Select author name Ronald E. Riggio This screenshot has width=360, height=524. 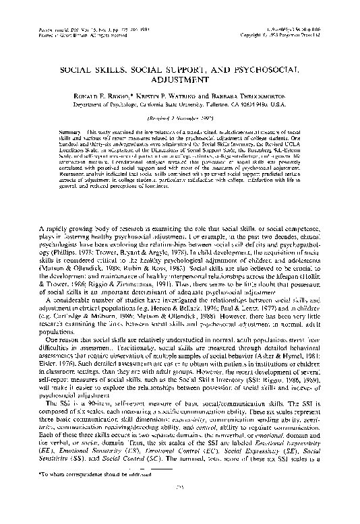pos(111,96)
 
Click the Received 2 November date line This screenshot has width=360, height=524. pos(179,118)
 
